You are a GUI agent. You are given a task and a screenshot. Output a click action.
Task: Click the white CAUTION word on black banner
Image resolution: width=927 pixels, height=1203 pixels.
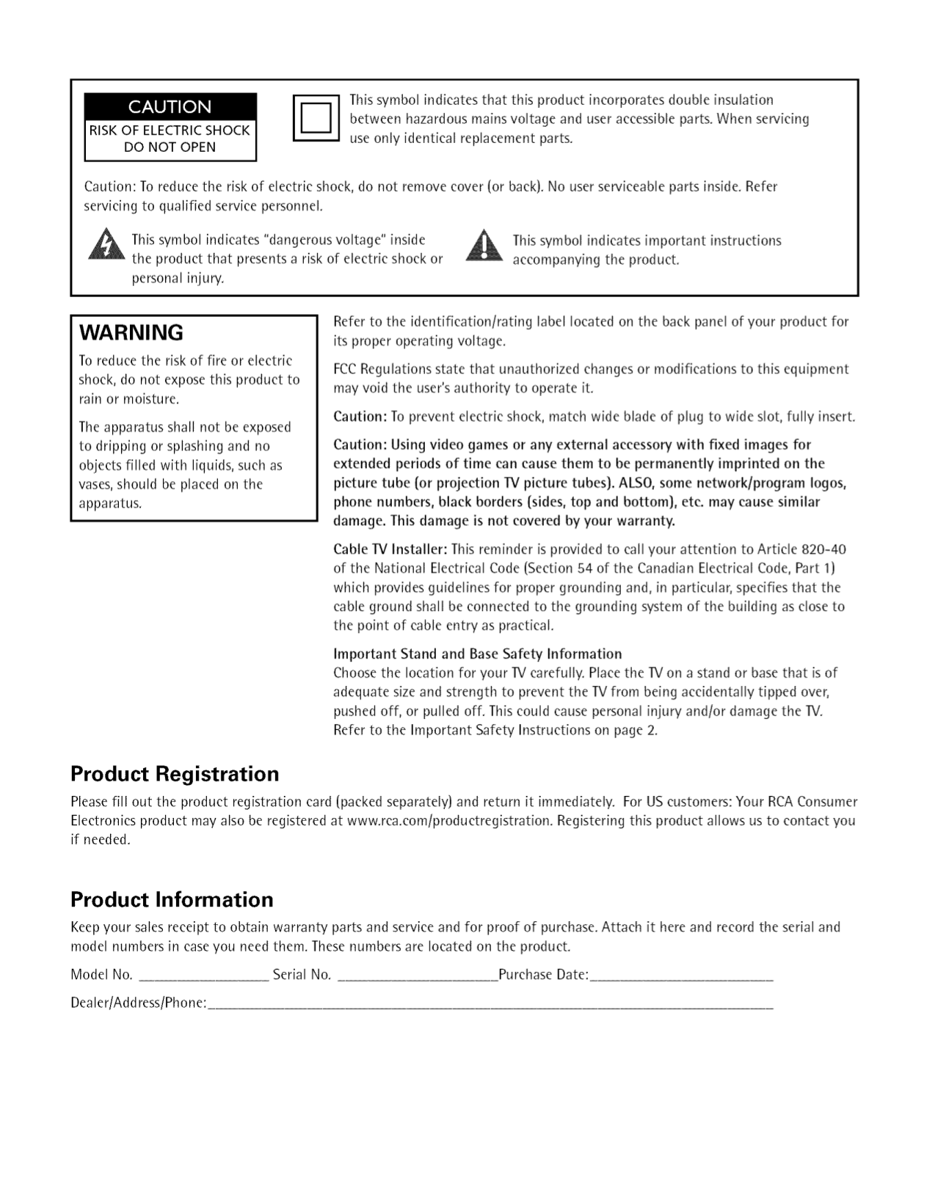pos(170,107)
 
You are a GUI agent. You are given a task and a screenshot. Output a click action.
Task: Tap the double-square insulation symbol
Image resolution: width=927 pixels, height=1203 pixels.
pos(316,118)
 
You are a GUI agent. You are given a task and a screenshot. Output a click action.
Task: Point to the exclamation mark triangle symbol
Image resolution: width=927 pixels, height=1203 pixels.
pos(484,246)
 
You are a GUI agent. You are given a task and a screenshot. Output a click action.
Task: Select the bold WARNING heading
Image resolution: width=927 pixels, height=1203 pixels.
pos(131,333)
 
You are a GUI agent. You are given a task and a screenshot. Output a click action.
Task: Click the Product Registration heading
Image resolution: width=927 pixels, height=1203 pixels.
pos(175,775)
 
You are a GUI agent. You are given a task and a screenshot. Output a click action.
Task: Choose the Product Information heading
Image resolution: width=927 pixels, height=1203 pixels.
pos(172,900)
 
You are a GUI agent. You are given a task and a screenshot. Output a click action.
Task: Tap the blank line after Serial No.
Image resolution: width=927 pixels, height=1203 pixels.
pos(417,977)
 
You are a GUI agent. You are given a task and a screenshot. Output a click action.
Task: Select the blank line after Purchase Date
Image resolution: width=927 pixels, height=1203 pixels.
pos(682,977)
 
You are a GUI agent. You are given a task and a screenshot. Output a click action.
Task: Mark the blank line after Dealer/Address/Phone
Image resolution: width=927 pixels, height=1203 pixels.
pos(491,1005)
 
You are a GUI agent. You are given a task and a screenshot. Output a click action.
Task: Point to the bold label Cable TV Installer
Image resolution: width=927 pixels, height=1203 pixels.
pos(390,549)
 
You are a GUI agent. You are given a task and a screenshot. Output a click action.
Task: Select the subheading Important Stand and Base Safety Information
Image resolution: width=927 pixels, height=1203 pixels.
pos(477,654)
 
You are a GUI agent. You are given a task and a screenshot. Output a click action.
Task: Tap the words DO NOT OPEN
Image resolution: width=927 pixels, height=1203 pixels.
pos(170,147)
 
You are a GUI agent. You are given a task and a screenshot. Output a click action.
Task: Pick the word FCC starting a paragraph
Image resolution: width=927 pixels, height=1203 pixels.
pos(345,369)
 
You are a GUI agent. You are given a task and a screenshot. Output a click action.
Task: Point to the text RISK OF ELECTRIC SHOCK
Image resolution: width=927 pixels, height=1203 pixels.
pos(170,131)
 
